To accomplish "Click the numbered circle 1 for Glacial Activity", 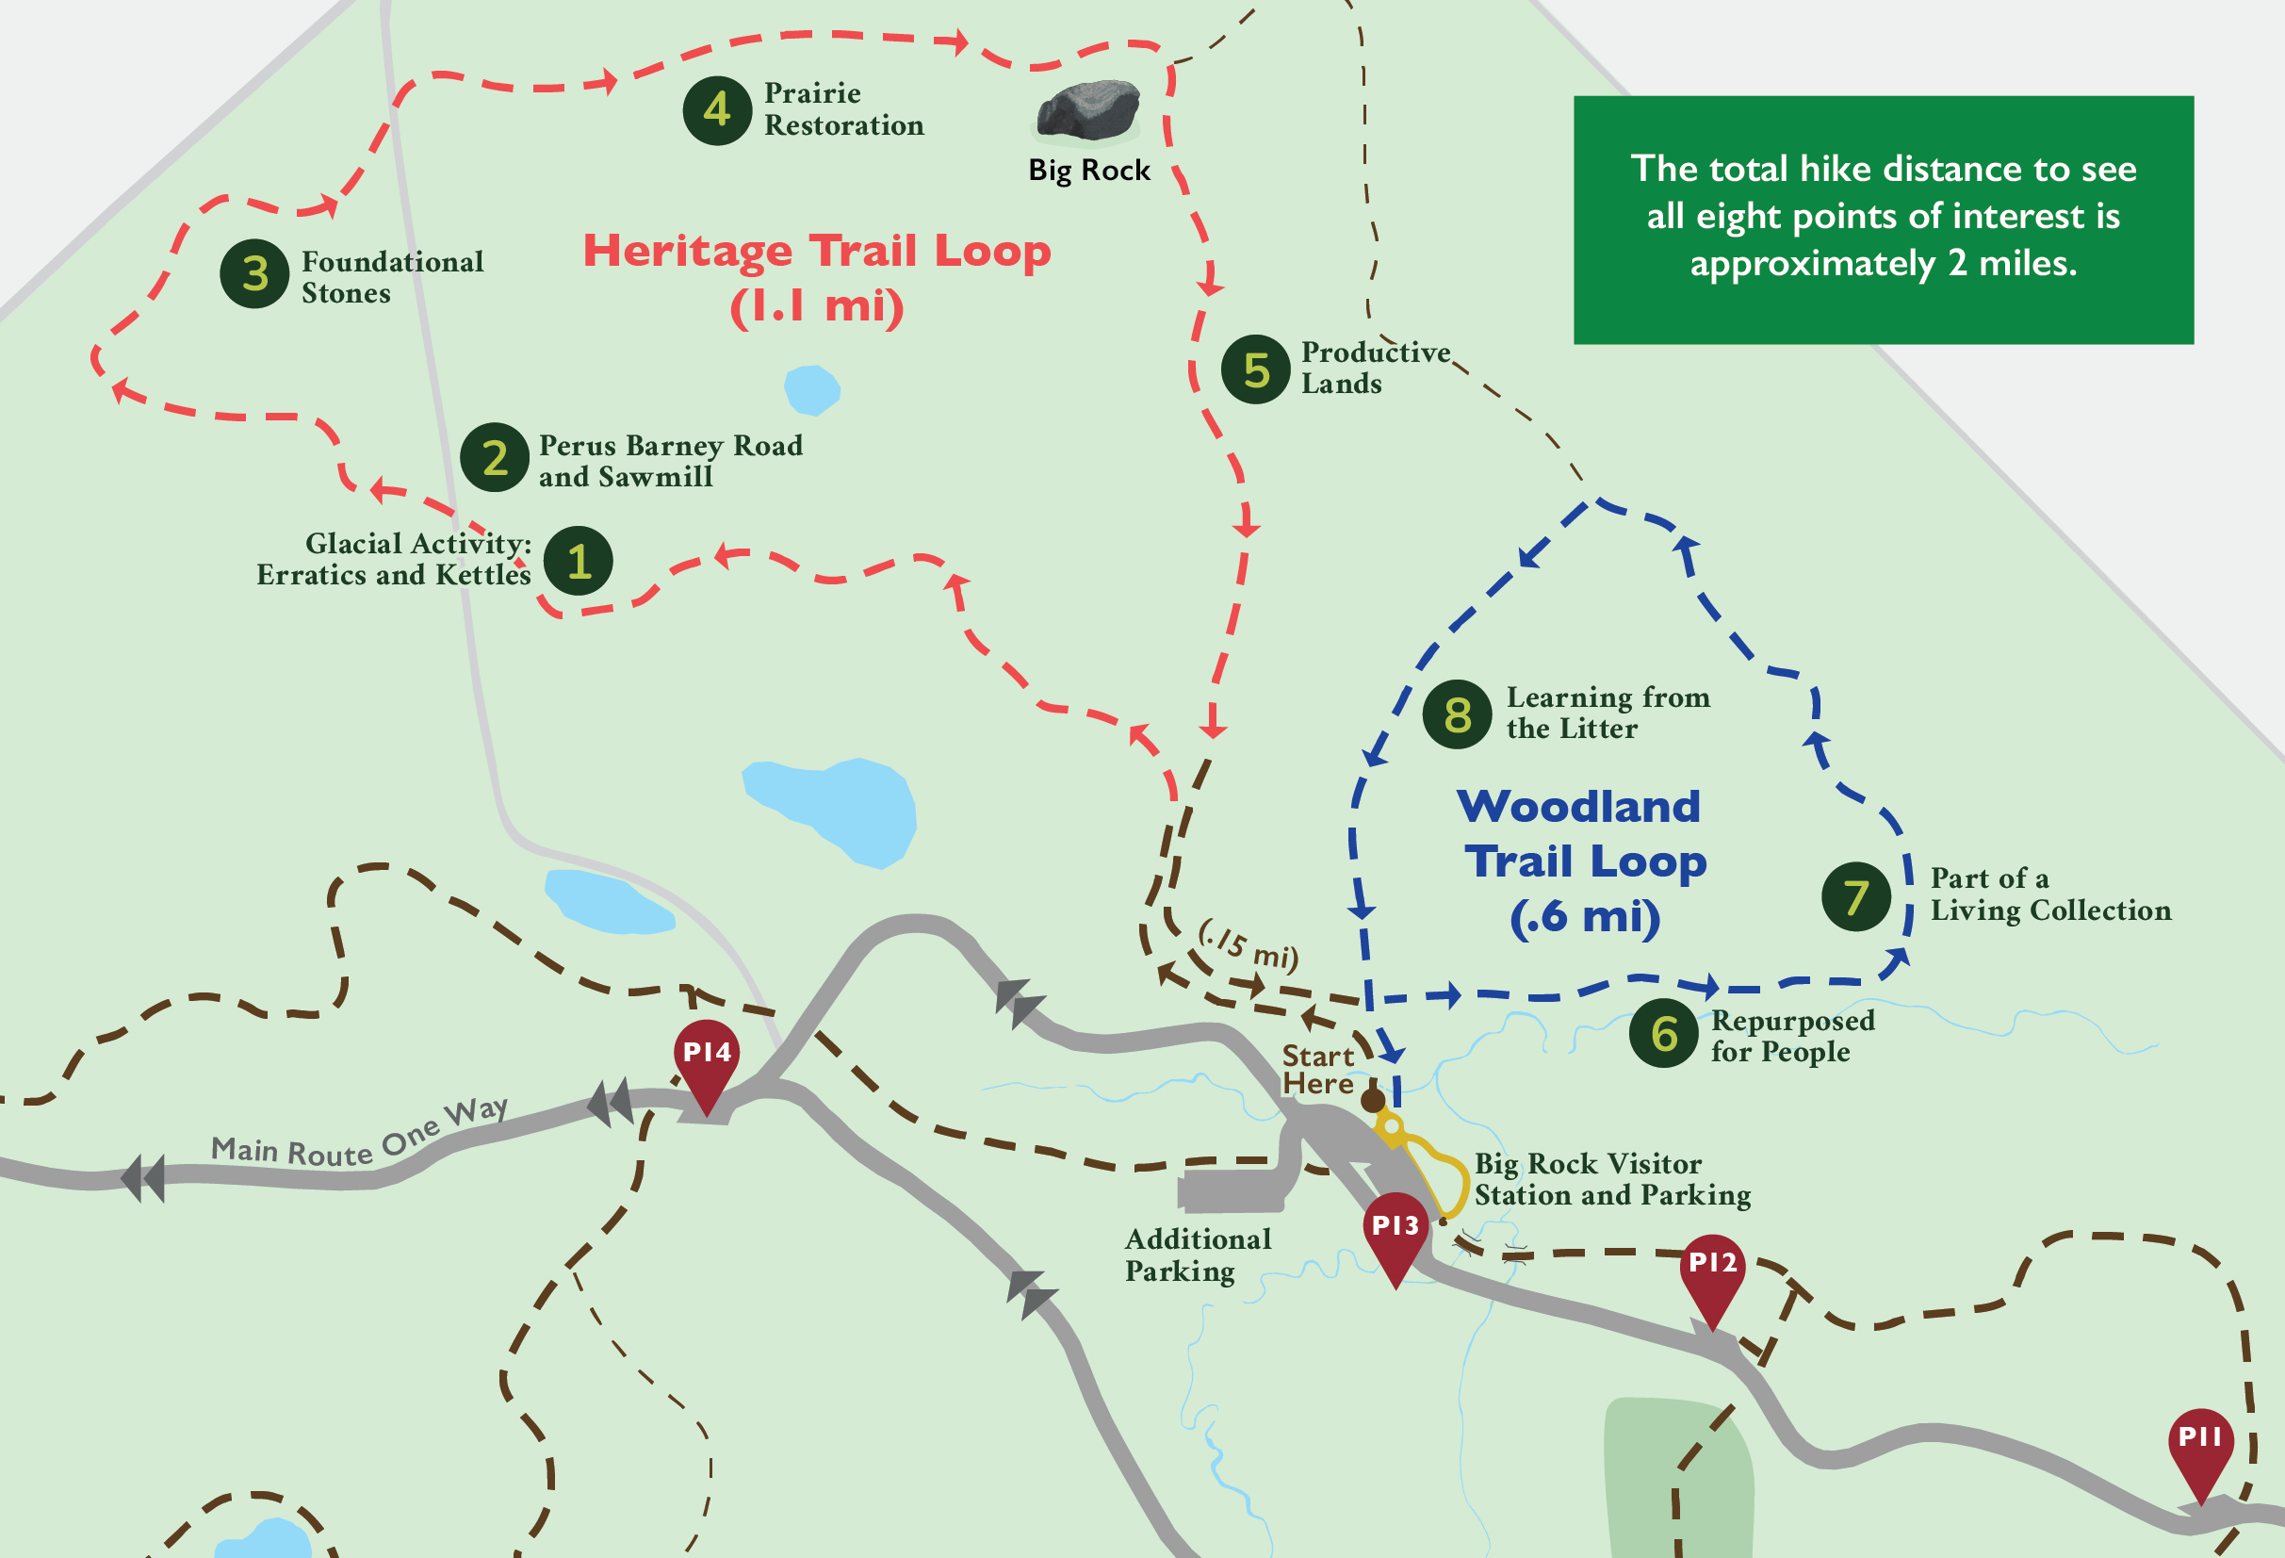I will click(x=579, y=561).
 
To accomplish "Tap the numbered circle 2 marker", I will click(x=495, y=457).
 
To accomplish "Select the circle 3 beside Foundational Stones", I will click(x=254, y=273).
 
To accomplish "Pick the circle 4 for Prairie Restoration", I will click(x=717, y=110).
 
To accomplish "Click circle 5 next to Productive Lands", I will click(x=1255, y=369).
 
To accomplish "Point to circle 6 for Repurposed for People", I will click(x=1662, y=1034).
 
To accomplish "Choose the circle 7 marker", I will click(x=1855, y=896).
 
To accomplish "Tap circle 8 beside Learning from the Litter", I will click(x=1457, y=714).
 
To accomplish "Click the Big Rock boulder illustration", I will click(x=1088, y=110).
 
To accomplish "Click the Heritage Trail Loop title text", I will click(x=817, y=277).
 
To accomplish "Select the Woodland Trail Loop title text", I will click(x=1583, y=861).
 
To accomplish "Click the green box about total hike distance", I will click(x=1883, y=219).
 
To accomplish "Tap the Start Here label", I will click(x=1317, y=1069).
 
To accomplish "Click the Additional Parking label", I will click(x=1198, y=1255).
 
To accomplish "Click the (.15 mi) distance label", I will click(x=1248, y=944).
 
